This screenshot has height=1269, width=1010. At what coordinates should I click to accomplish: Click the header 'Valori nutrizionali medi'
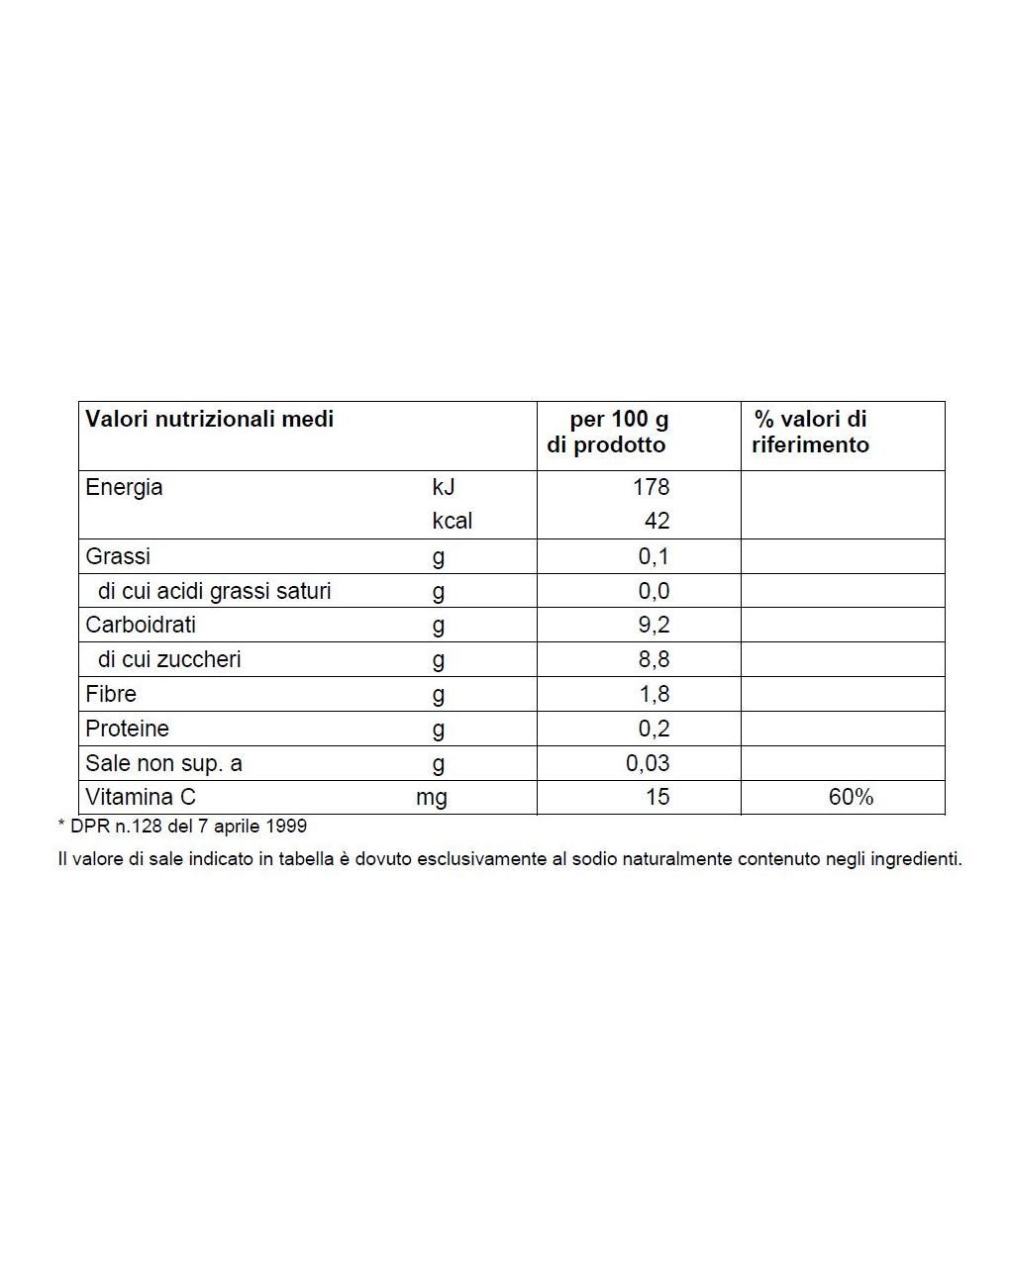point(209,419)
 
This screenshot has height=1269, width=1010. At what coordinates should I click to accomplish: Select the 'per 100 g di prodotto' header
point(608,433)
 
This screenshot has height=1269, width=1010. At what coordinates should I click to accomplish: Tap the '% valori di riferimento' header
point(810,433)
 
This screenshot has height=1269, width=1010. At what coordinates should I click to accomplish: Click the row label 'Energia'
point(124,487)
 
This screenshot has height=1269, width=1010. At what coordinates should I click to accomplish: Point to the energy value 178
point(652,487)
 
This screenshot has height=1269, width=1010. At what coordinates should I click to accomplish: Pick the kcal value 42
point(656,521)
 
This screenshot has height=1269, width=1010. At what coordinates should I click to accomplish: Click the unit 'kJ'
point(443,487)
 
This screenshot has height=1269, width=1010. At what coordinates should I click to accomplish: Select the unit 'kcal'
point(452,521)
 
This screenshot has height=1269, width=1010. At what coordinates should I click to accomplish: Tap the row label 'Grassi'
point(118,556)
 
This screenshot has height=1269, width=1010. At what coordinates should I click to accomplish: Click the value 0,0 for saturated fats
point(654,591)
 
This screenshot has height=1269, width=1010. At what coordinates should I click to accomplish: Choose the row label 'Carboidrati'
point(141,625)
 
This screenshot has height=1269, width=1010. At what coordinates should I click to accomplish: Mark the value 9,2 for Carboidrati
point(654,625)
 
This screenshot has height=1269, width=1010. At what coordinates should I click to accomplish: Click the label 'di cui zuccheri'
point(169,659)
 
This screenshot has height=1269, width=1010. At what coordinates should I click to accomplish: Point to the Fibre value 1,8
point(655,694)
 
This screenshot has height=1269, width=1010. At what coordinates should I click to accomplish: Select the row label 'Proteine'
point(127,729)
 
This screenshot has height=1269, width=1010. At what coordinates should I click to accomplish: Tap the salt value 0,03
point(648,763)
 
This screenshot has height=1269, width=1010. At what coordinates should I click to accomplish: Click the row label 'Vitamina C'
point(141,797)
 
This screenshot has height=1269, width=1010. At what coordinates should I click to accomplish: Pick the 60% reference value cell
point(851,797)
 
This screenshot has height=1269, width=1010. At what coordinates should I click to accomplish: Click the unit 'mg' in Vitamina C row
point(432,798)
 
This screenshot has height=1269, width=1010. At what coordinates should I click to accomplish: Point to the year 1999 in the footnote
point(286,826)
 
